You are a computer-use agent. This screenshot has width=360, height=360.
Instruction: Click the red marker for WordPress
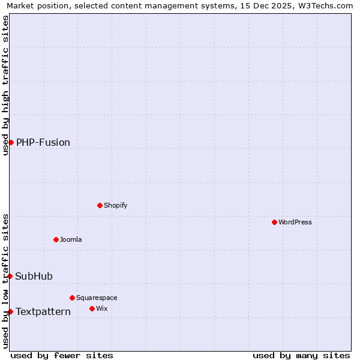(274, 222)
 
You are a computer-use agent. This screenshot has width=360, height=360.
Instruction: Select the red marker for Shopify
(100, 205)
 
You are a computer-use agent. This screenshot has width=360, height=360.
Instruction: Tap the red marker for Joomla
(56, 239)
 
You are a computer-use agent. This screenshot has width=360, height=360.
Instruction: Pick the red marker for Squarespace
(72, 298)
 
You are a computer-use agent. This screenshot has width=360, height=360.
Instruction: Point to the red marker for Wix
(92, 308)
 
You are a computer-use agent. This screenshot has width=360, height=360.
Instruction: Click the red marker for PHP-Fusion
(11, 142)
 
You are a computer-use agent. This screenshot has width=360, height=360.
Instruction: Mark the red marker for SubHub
(10, 276)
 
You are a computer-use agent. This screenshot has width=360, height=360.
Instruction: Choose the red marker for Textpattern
(10, 311)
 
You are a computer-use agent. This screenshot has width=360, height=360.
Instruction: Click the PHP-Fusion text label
(43, 142)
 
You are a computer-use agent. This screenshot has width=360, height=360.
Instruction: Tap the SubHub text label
(34, 276)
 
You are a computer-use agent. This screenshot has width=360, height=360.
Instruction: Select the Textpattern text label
(43, 311)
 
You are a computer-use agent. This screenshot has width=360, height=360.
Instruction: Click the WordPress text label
(295, 222)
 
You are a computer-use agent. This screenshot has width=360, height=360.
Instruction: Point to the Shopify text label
(116, 205)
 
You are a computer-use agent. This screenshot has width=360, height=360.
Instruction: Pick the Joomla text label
(71, 239)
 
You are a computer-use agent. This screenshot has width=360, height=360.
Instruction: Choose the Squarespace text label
(97, 298)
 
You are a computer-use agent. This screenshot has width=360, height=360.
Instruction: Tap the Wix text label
(102, 308)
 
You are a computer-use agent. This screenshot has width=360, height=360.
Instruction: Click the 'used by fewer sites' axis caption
(62, 355)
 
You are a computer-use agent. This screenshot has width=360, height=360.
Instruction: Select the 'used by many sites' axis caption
(301, 355)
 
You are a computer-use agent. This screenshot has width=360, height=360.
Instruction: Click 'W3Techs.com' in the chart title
(326, 6)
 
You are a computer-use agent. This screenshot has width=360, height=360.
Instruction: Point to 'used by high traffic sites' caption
(6, 85)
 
